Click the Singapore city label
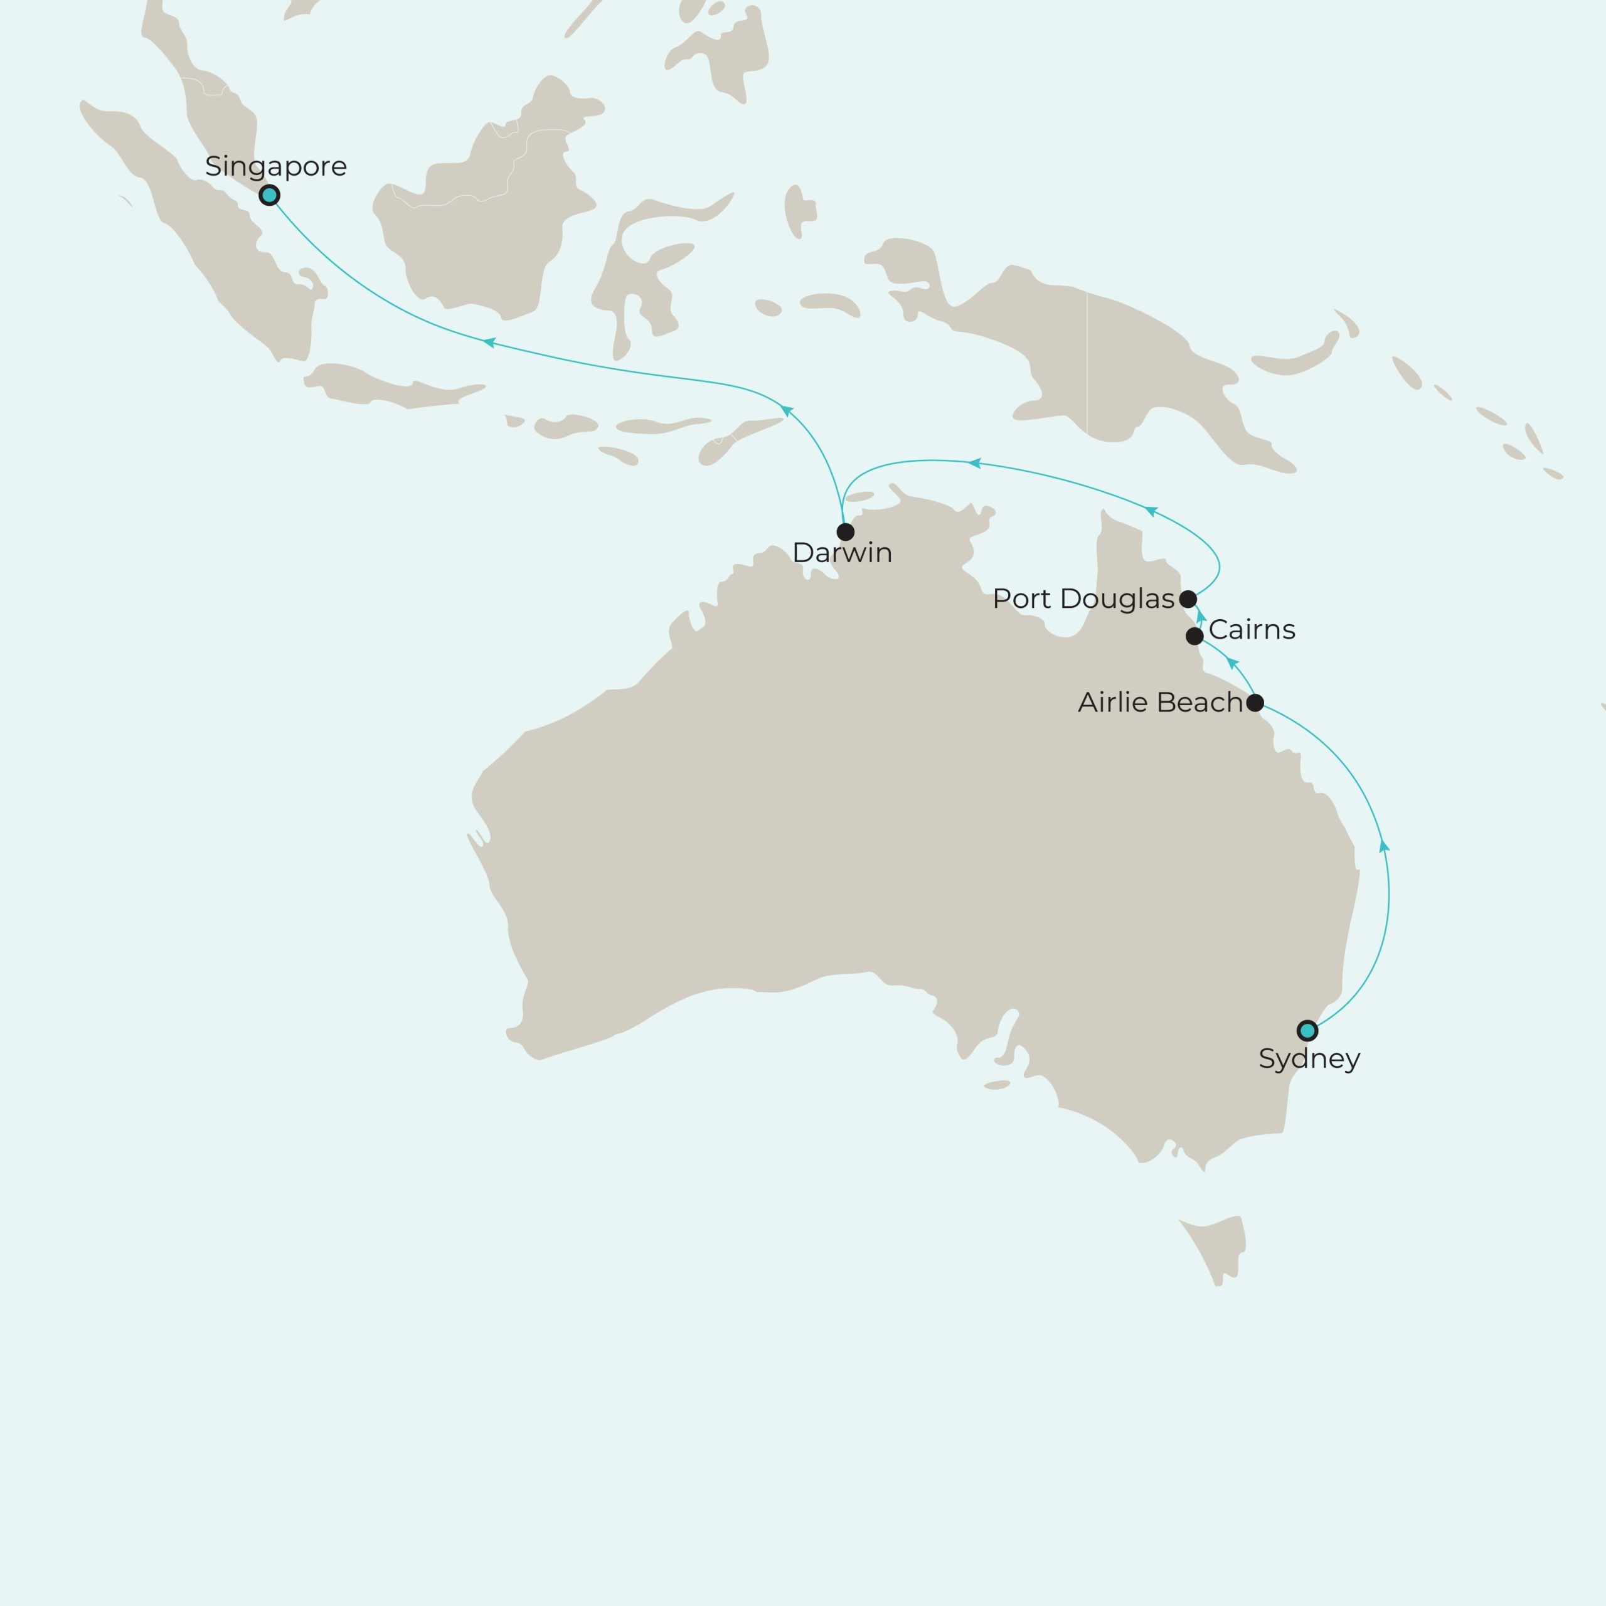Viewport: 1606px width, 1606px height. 275,166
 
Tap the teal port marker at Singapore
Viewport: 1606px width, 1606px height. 269,195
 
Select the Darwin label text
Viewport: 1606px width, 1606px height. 841,553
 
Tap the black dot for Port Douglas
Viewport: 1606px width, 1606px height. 1188,598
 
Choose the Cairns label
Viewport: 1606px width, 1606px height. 1251,630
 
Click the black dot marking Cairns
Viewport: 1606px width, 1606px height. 1194,637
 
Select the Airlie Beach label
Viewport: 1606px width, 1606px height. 1159,703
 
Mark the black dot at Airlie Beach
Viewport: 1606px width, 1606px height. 1255,703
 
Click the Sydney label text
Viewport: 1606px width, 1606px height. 1309,1059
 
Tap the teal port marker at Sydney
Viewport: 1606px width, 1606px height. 1307,1031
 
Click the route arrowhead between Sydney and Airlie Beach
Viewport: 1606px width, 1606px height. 1384,846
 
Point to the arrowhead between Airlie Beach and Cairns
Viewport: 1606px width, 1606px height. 1233,663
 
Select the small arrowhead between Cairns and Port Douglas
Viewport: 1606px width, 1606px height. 1200,616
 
